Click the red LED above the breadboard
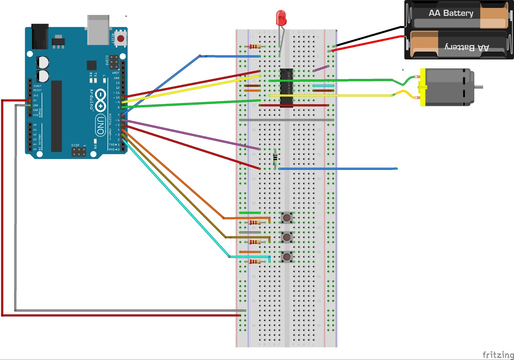[281, 18]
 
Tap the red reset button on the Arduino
[121, 39]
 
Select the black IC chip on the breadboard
[286, 87]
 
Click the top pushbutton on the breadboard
[287, 218]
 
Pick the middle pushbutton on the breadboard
[287, 237]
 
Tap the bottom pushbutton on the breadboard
[287, 257]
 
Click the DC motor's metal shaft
[478, 87]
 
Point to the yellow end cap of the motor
[423, 87]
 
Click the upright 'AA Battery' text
[451, 13]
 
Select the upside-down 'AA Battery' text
[466, 48]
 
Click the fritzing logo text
[498, 355]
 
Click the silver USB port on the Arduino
[98, 30]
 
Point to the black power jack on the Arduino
[40, 36]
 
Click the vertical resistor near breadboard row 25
[275, 159]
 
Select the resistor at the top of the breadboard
[255, 47]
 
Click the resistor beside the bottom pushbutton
[255, 262]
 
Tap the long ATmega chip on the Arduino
[57, 116]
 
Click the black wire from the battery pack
[369, 36]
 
